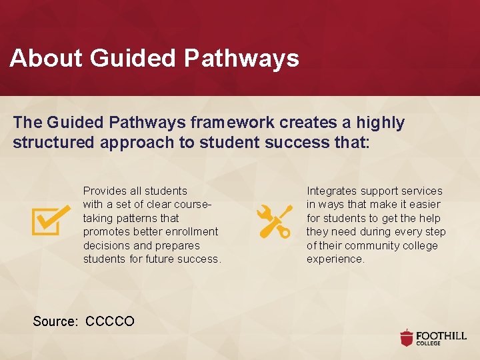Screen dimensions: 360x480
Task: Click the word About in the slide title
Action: [x=46, y=59]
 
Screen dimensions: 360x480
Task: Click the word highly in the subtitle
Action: [x=380, y=123]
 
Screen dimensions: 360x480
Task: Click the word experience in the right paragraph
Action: [x=335, y=259]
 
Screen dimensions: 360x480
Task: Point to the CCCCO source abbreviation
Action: [x=110, y=321]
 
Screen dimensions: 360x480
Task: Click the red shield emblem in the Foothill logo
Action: [x=407, y=337]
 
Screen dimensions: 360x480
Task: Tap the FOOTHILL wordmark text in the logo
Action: [x=441, y=335]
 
